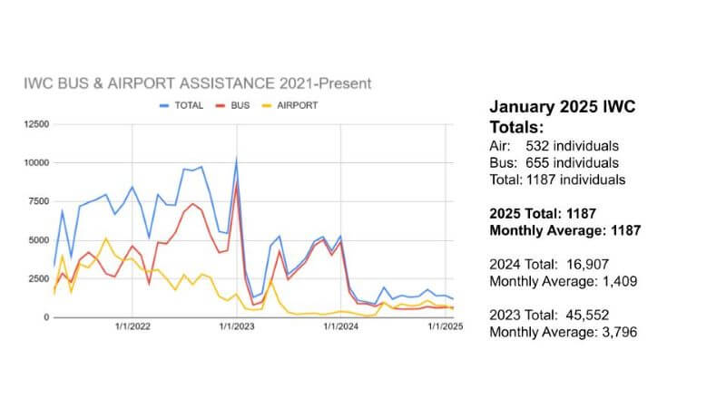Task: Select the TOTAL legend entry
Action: [187, 105]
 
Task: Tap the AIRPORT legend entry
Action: [299, 105]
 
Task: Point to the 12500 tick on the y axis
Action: [36, 122]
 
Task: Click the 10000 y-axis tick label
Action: [36, 162]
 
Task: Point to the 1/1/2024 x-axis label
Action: [340, 328]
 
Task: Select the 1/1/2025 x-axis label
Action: [445, 328]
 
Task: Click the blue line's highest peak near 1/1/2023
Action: [237, 160]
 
